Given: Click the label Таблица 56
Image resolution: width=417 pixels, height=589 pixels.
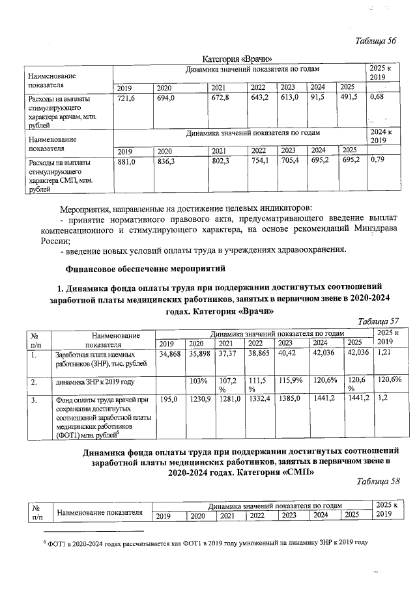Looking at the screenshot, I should click(376, 41).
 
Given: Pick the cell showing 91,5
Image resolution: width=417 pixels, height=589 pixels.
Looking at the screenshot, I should click(318, 98).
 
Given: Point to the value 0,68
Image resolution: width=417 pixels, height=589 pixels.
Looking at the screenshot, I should click(377, 98).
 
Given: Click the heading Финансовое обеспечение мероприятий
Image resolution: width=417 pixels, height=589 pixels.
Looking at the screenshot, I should click(145, 267).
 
